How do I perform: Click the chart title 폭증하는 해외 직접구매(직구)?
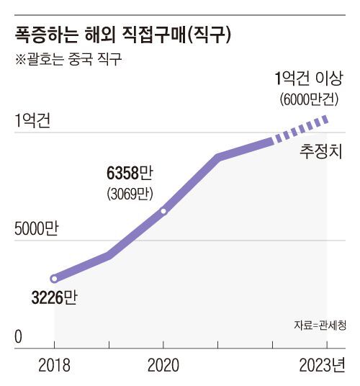pyautogui.click(x=123, y=35)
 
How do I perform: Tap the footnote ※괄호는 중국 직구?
pyautogui.click(x=68, y=59)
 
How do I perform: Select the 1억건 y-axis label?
pyautogui.click(x=32, y=120)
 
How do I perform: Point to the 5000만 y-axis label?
pyautogui.click(x=37, y=229)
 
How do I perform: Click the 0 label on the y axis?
pyautogui.click(x=19, y=337)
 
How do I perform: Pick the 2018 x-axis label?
pyautogui.click(x=55, y=365)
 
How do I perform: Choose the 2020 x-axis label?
pyautogui.click(x=163, y=365)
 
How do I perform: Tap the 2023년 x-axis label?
pyautogui.click(x=323, y=365)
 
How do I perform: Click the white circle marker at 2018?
pyautogui.click(x=54, y=279)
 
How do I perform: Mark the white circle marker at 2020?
pyautogui.click(x=163, y=211)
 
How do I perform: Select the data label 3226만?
pyautogui.click(x=55, y=297)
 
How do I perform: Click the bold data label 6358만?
pyautogui.click(x=130, y=173)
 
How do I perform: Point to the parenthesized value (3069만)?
pyautogui.click(x=130, y=194)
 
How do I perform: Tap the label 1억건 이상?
pyautogui.click(x=309, y=78)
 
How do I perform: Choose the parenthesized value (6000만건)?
pyautogui.click(x=309, y=99)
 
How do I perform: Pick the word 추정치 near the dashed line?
pyautogui.click(x=321, y=152)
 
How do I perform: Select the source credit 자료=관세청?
pyautogui.click(x=320, y=326)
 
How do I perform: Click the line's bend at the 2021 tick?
pyautogui.click(x=218, y=157)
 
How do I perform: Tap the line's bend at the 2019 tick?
pyautogui.click(x=109, y=255)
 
